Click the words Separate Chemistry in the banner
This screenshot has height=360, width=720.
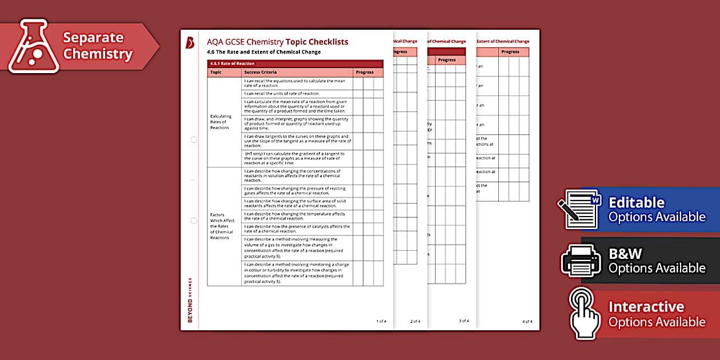[97, 46]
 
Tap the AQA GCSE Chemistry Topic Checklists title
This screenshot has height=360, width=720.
[278, 42]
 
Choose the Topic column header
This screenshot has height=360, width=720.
[216, 73]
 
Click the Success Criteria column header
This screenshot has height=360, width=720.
[260, 73]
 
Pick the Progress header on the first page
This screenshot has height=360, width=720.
[364, 73]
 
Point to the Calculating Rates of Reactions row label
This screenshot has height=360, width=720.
[221, 122]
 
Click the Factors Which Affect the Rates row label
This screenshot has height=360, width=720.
[222, 226]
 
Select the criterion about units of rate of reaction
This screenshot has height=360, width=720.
[282, 94]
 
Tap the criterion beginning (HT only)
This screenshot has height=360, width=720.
[294, 158]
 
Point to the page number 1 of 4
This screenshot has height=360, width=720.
[381, 321]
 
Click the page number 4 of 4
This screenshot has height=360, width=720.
[527, 321]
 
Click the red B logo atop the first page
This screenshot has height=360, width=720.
[190, 42]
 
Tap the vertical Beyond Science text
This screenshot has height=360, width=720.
[190, 299]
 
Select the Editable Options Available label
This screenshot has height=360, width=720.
[657, 210]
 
